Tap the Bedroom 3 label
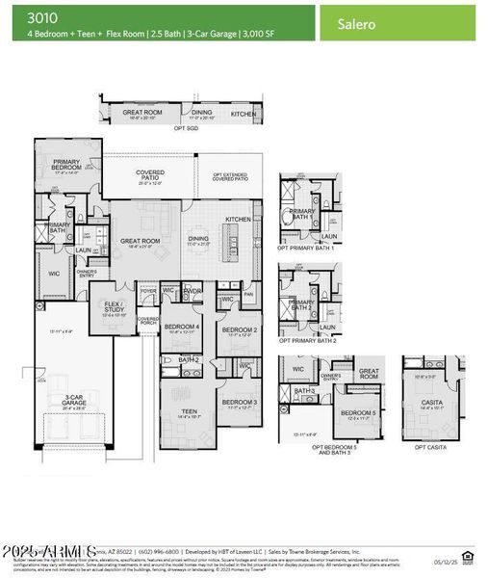point(238,402)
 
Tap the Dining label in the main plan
point(198,238)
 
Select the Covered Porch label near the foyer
point(148,320)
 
